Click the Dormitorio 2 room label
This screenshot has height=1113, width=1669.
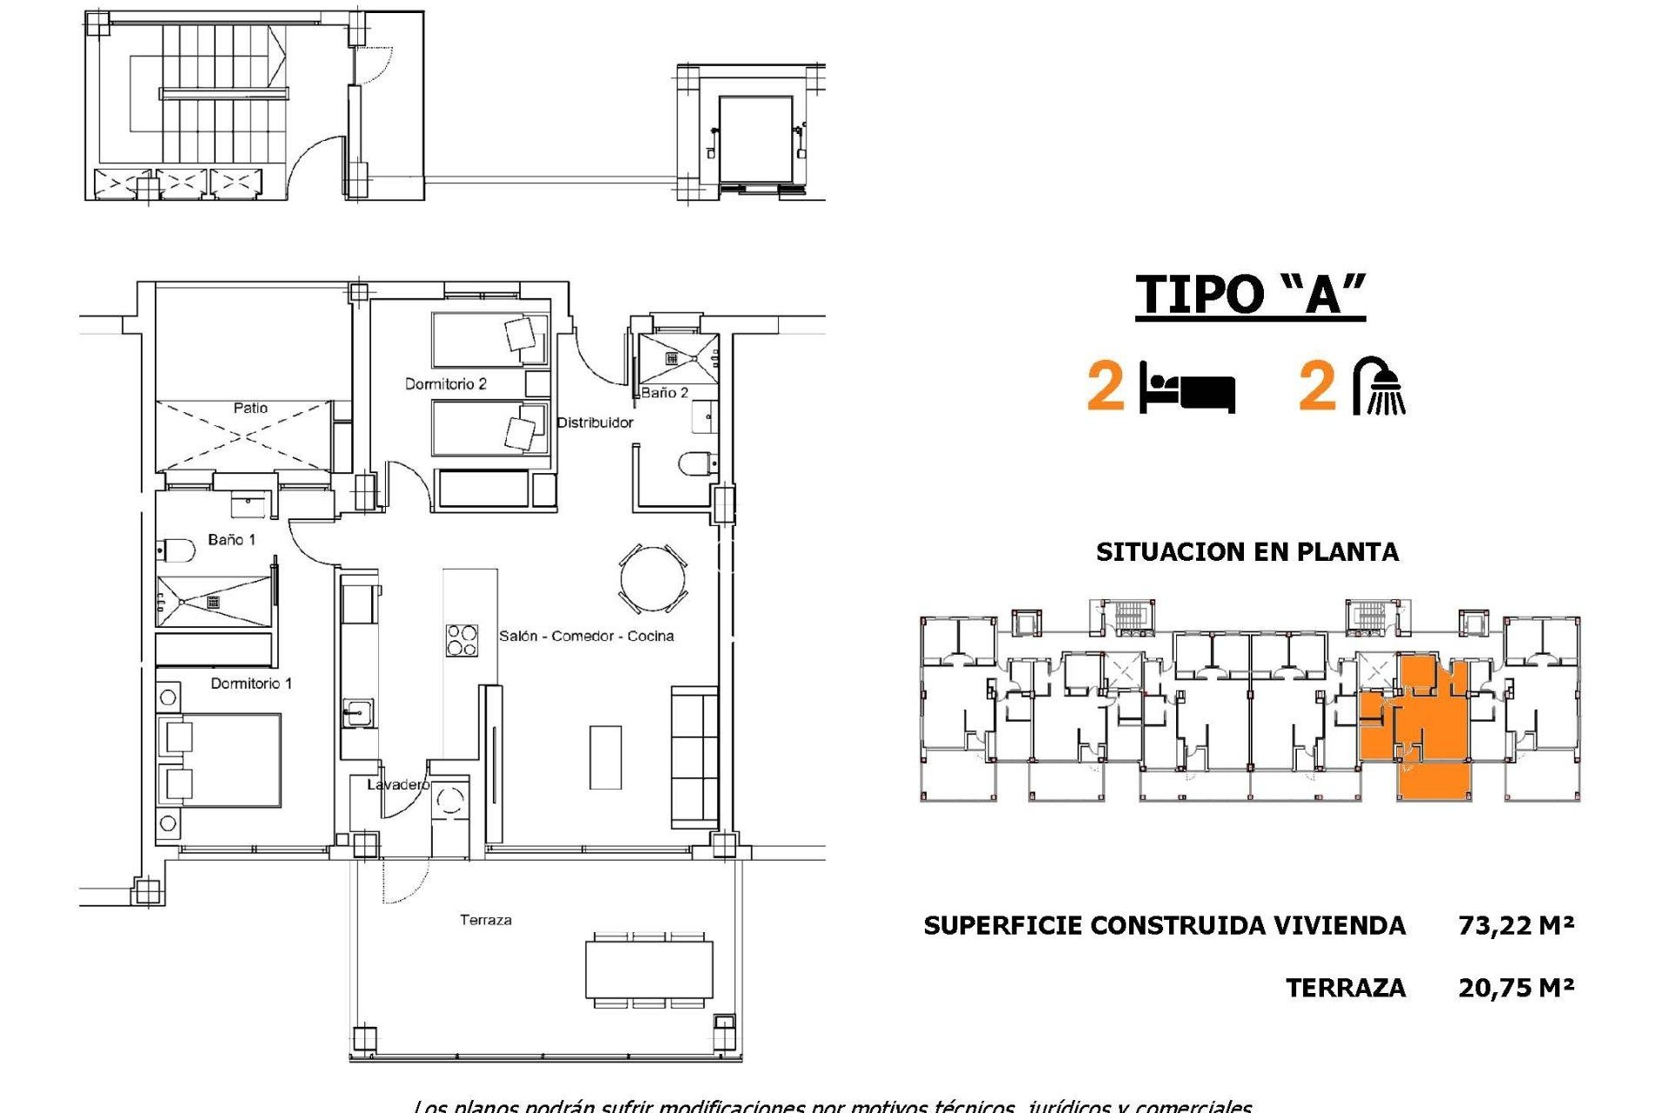click(x=445, y=383)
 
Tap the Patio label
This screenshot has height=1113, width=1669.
click(x=250, y=408)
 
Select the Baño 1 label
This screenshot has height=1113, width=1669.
click(x=231, y=540)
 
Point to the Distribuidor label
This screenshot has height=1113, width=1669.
click(x=595, y=423)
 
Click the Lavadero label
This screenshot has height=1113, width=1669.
click(x=397, y=784)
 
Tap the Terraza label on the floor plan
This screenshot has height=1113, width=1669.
click(x=485, y=920)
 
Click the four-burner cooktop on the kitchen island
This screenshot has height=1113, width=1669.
click(x=461, y=641)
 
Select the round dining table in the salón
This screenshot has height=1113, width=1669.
click(x=653, y=579)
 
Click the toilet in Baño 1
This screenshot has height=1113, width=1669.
click(x=176, y=550)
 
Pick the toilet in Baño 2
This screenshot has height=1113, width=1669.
click(x=696, y=463)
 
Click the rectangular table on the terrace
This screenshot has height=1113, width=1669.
click(x=648, y=970)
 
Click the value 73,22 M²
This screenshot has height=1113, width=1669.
click(x=1515, y=925)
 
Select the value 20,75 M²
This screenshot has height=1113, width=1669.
click(x=1515, y=988)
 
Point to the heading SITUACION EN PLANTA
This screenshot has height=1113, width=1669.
click(x=1247, y=552)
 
